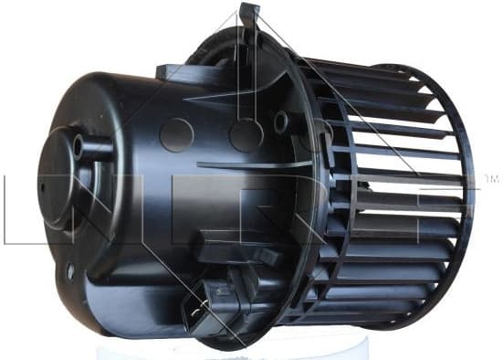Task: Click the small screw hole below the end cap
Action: tap(70, 270)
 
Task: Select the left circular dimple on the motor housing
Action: tap(176, 135)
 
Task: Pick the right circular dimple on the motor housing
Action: tap(246, 135)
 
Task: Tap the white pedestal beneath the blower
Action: tap(274, 348)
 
